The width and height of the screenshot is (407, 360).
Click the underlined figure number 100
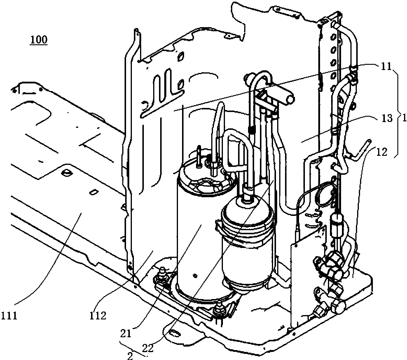pyautogui.click(x=39, y=40)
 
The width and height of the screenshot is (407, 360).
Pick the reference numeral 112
pyautogui.click(x=98, y=316)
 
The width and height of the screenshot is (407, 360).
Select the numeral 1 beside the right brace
pyautogui.click(x=404, y=118)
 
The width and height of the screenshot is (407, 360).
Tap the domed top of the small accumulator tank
pyautogui.click(x=247, y=209)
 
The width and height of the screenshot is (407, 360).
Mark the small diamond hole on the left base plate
pyautogui.click(x=93, y=192)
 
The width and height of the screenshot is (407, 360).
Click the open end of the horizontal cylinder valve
pyautogui.click(x=290, y=99)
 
